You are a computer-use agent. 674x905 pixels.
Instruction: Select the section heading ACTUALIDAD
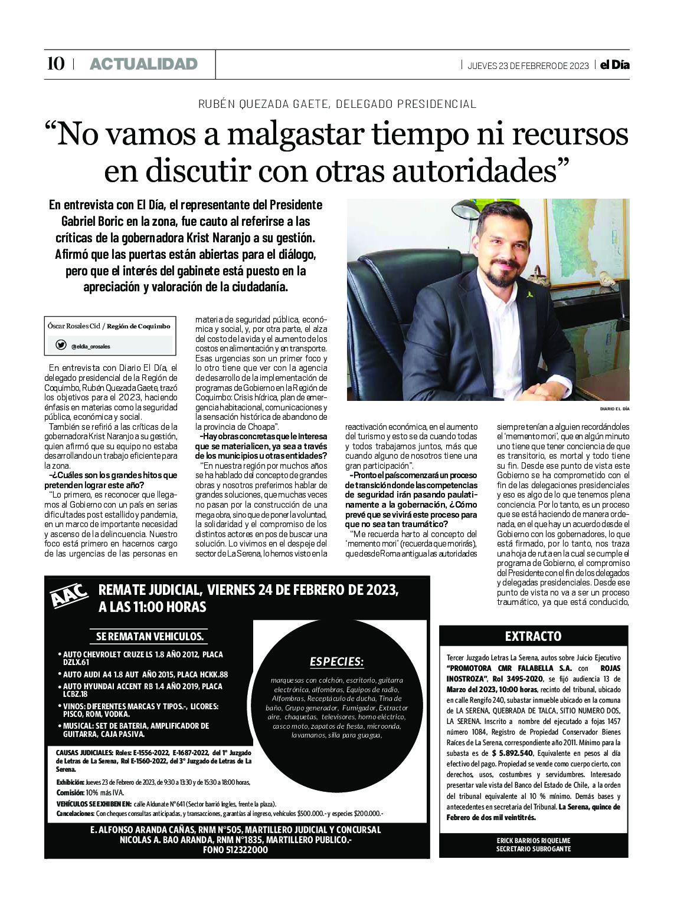click(x=143, y=64)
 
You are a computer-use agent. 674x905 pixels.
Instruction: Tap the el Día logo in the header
click(x=614, y=65)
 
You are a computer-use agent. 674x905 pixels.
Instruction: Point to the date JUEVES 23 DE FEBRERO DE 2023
click(x=528, y=65)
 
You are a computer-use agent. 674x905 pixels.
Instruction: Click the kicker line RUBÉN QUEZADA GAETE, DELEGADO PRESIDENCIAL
click(x=337, y=104)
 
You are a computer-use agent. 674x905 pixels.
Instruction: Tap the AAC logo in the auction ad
click(x=69, y=595)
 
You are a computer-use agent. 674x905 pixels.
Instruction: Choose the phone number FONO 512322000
click(x=235, y=850)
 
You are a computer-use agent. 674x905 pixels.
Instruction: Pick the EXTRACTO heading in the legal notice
click(x=533, y=636)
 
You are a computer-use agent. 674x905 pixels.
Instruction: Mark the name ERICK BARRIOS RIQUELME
click(x=534, y=840)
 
